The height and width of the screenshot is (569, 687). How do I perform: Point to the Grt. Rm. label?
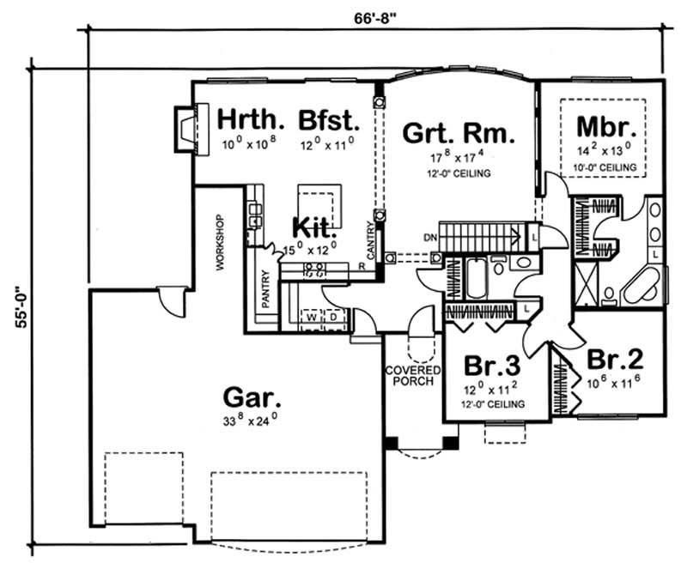(459, 134)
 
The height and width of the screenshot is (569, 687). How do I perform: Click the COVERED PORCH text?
(413, 375)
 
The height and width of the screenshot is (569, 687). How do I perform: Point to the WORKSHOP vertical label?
(220, 242)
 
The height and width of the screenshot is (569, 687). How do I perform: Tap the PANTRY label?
(266, 289)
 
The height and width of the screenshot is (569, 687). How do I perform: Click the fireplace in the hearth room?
(186, 128)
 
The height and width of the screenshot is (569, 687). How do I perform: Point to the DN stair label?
(431, 236)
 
